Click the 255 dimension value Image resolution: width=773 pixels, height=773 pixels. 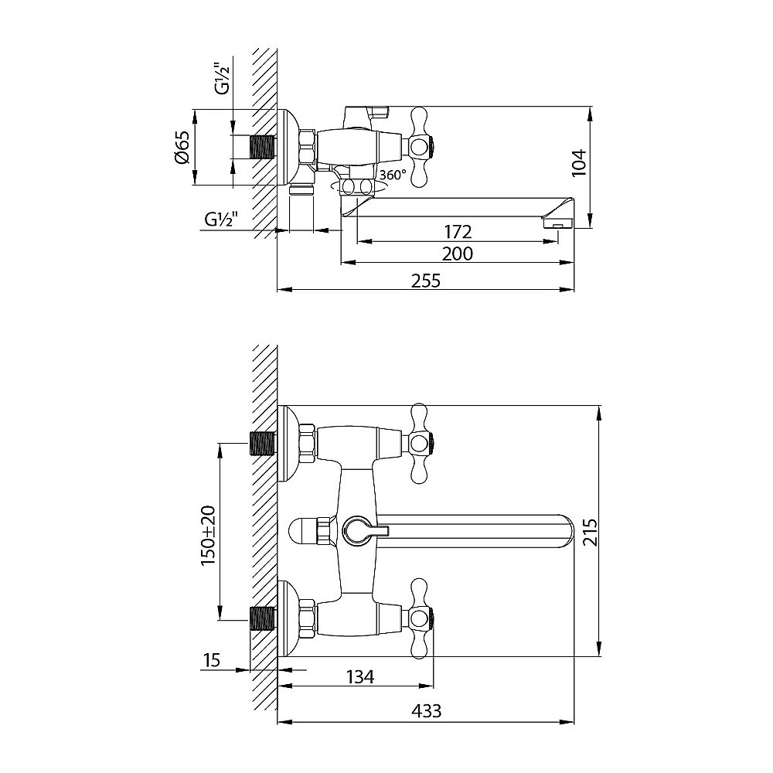pos(425,281)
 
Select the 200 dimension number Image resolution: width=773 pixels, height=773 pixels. pos(458,254)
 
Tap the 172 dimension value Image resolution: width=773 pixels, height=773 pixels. pos(458,231)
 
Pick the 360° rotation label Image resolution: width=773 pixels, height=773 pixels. pos(392,175)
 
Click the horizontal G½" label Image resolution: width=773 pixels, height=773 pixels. pos(222,220)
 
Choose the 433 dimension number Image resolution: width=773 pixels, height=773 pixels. pos(427,712)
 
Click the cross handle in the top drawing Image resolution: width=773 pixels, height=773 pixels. pos(421,145)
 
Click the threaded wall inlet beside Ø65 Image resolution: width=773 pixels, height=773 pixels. pos(264,147)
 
